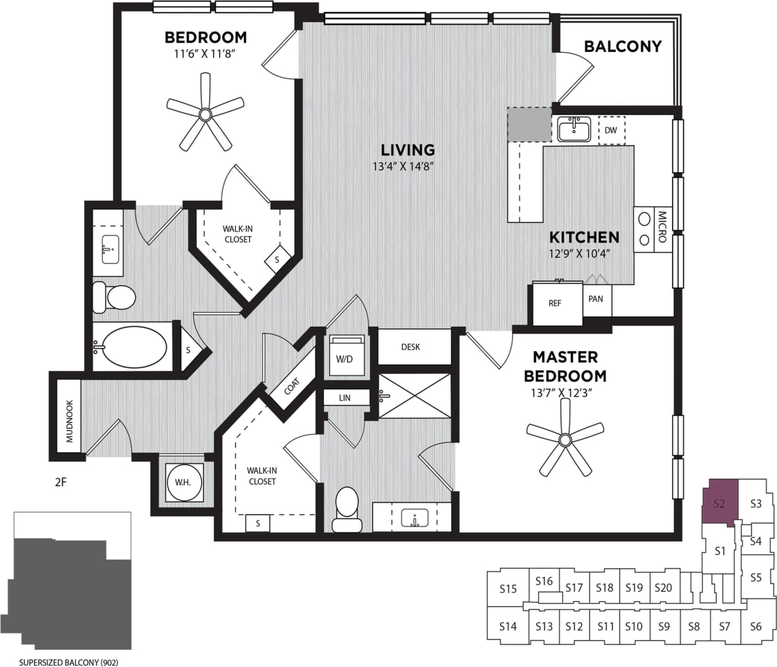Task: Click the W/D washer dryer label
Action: [345, 359]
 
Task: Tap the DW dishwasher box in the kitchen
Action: [611, 130]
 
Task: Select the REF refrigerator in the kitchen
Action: [554, 303]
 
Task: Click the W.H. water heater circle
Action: [183, 482]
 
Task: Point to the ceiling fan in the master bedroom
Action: [565, 438]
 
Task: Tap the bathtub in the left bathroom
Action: [134, 347]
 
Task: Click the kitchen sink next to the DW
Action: [574, 130]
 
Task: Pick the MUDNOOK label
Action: [70, 421]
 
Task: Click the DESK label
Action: [410, 347]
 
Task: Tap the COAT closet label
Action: [292, 385]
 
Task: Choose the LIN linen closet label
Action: [345, 398]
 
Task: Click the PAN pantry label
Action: [596, 299]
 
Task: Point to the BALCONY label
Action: [622, 46]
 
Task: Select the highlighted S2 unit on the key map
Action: [719, 503]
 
